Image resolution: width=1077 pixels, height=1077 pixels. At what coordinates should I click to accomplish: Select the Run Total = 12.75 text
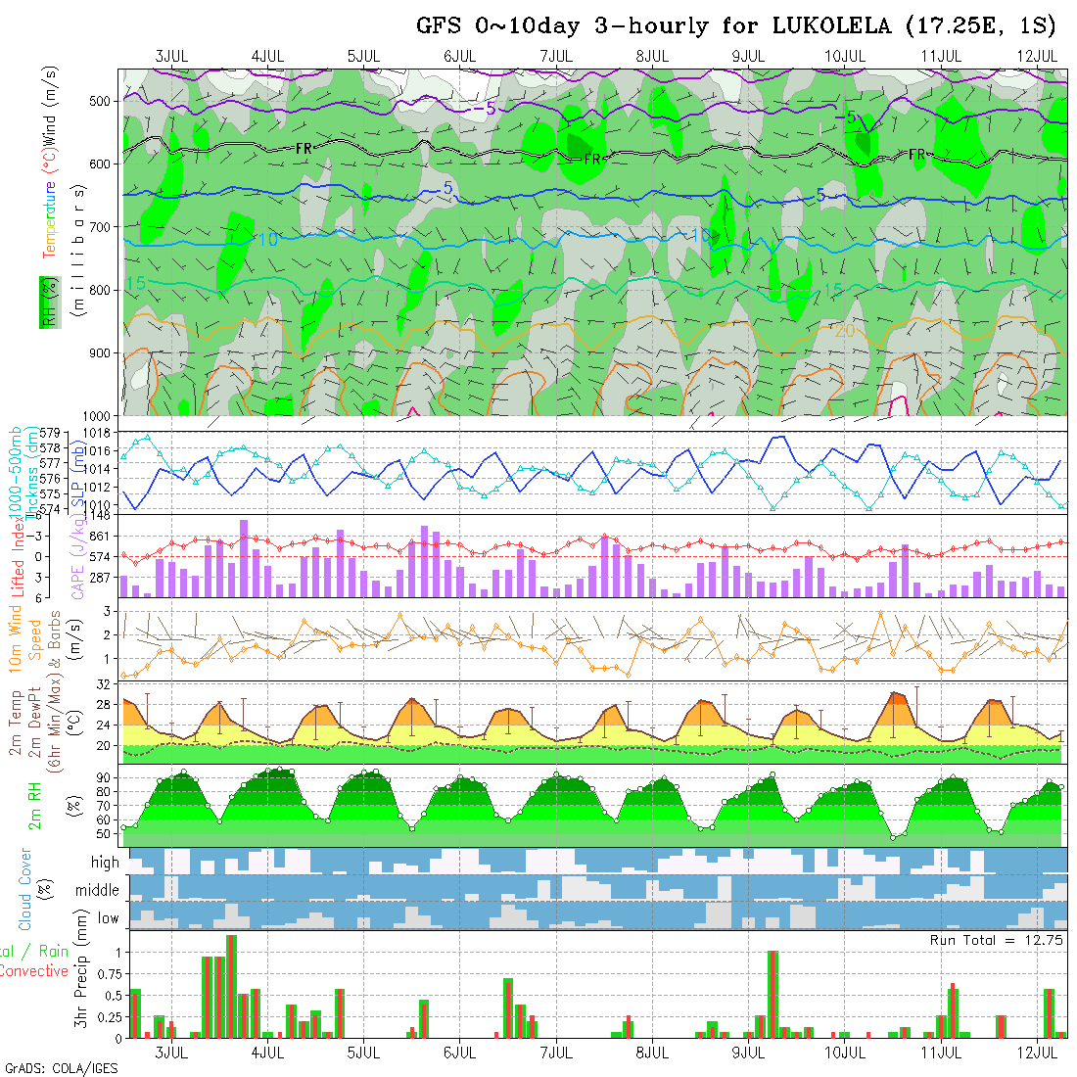(x=997, y=940)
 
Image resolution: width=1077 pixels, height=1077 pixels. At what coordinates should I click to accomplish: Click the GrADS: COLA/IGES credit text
(x=61, y=1068)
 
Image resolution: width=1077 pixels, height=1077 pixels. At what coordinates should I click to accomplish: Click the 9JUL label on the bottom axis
(x=748, y=1053)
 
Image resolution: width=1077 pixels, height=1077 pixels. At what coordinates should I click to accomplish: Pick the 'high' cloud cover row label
(x=105, y=863)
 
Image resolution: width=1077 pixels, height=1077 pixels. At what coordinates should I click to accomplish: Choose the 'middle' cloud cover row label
(x=97, y=890)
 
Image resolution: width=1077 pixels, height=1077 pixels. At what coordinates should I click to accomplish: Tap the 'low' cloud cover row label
(x=108, y=917)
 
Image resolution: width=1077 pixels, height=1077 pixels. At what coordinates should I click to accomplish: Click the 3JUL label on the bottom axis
(x=171, y=1053)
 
